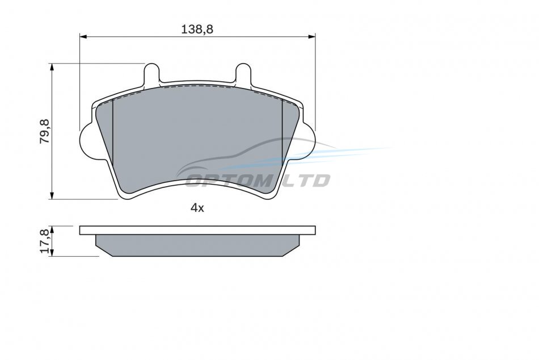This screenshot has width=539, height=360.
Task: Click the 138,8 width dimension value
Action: [197, 30]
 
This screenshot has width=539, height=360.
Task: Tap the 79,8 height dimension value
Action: [45, 132]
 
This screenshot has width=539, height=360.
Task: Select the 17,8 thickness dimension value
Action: [45, 241]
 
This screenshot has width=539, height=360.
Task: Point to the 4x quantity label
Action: [197, 208]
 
